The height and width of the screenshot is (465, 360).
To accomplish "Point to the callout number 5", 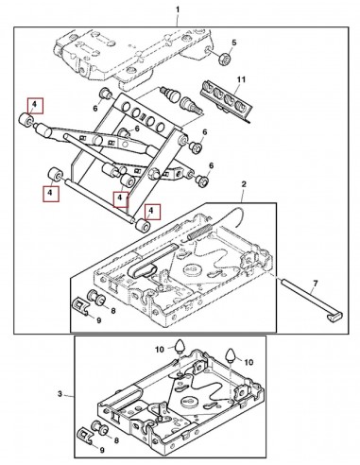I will (x=235, y=44).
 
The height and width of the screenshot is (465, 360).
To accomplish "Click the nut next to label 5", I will (x=225, y=60).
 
